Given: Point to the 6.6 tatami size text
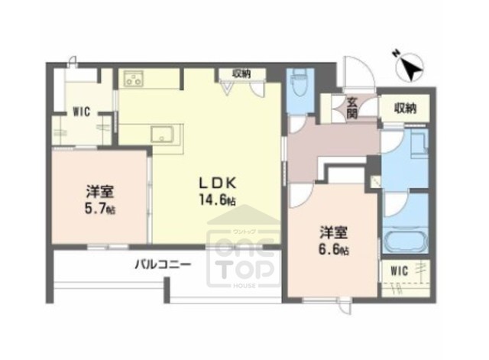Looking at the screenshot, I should (x=335, y=249).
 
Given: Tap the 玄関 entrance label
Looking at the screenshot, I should (x=351, y=106).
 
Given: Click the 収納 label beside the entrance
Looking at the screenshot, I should (x=406, y=108).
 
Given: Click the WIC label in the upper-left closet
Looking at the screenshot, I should (x=82, y=111).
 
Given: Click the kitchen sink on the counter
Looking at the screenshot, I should (x=164, y=135).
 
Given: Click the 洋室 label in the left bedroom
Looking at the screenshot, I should (x=100, y=191).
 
